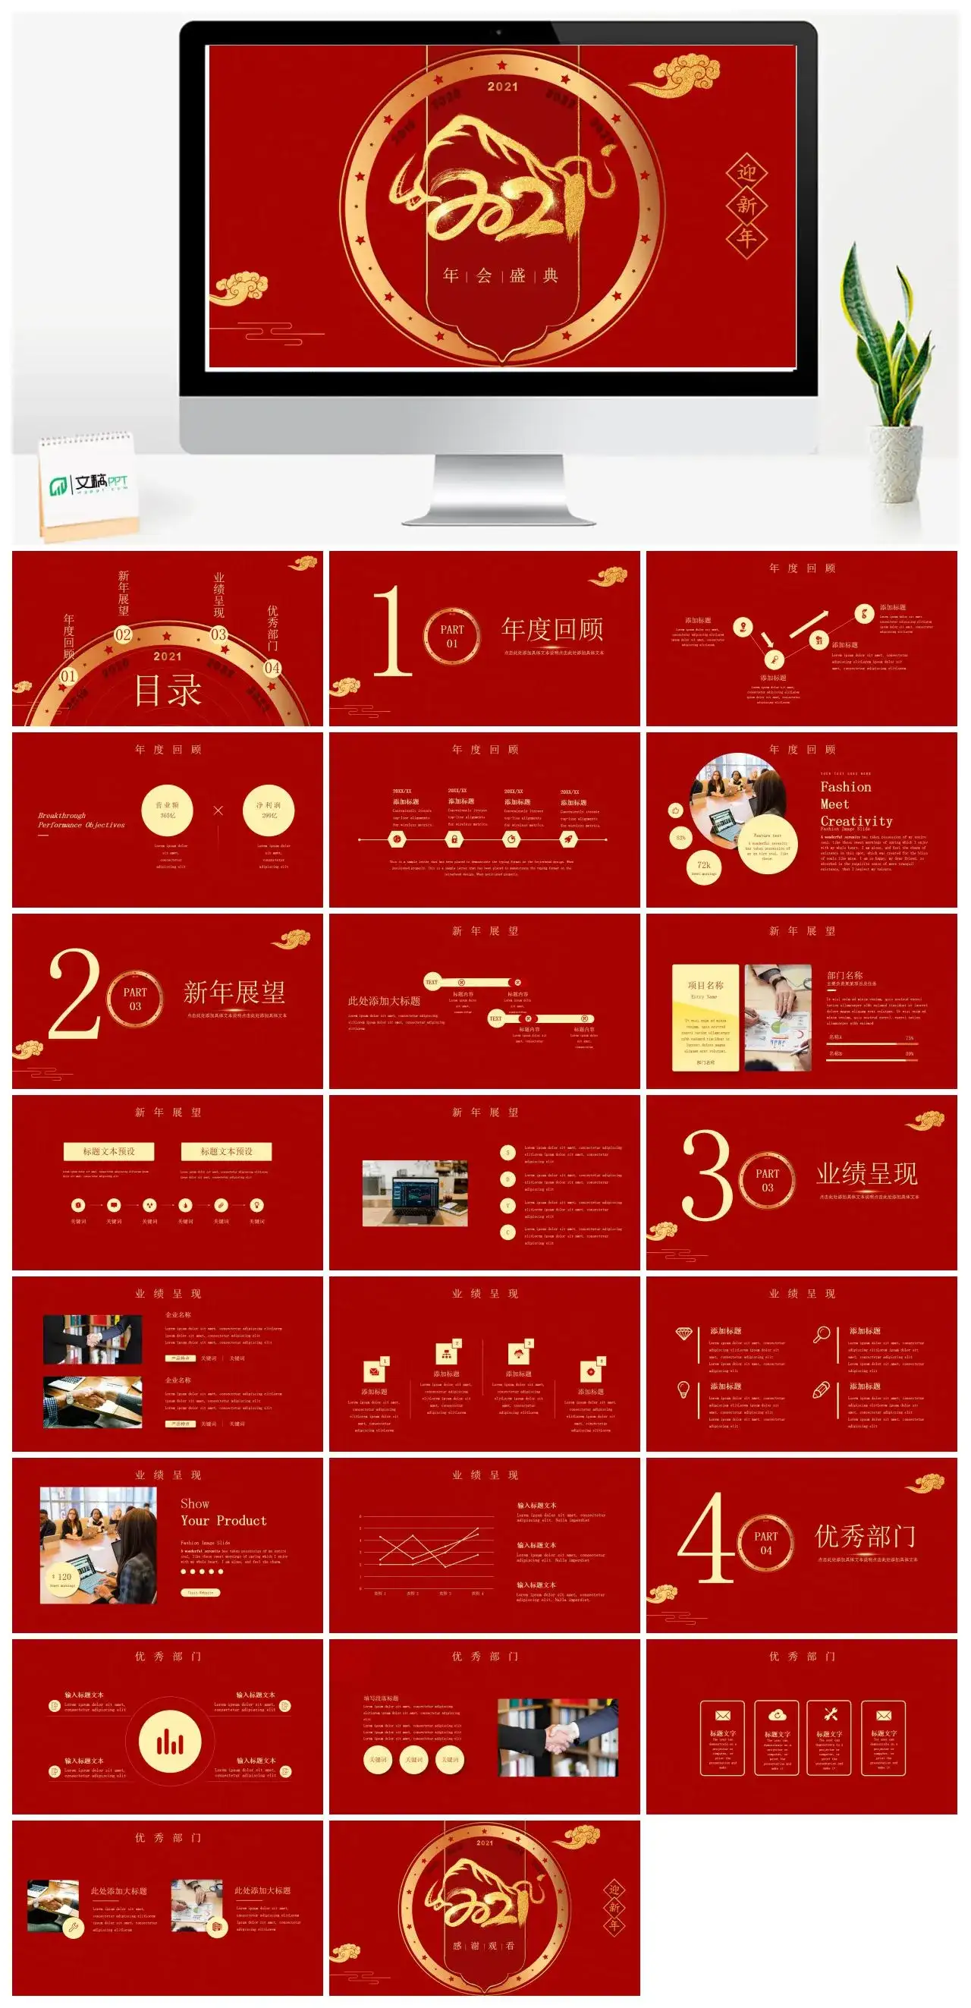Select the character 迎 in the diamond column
tap(746, 173)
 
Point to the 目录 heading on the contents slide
tap(168, 690)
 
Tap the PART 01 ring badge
tap(452, 636)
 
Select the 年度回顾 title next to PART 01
tap(551, 629)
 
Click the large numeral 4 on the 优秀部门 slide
tap(705, 1538)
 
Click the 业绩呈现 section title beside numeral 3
tap(866, 1173)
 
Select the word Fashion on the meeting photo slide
tap(846, 787)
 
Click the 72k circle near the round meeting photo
tap(704, 867)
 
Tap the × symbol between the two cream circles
tap(218, 810)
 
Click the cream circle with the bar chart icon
tap(169, 1743)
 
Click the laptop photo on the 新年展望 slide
tap(415, 1193)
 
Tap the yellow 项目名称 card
tap(705, 1017)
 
